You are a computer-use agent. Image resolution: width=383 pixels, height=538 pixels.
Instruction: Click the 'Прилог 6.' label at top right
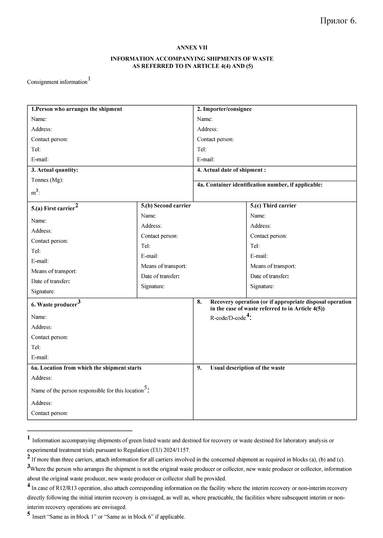pyautogui.click(x=338, y=21)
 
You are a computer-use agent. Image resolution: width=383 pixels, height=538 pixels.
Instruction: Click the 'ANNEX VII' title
pyautogui.click(x=192, y=48)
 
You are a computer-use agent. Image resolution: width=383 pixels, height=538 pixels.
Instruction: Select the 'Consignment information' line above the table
pyautogui.click(x=57, y=82)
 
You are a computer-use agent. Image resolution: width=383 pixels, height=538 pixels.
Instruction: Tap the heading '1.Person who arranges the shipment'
pyautogui.click(x=76, y=109)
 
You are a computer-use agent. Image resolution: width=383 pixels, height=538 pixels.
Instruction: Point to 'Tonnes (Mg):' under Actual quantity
pyautogui.click(x=47, y=180)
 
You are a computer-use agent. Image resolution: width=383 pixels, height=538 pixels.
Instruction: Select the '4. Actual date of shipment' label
pyautogui.click(x=231, y=170)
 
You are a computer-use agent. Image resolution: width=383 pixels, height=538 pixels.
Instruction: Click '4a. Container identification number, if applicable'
pyautogui.click(x=260, y=185)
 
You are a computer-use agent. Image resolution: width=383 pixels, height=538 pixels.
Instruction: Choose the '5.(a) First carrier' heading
pyautogui.click(x=53, y=208)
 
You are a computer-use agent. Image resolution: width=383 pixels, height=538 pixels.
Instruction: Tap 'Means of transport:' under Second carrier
pyautogui.click(x=164, y=266)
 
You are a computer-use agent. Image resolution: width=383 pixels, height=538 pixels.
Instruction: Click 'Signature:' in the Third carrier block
pyautogui.click(x=262, y=286)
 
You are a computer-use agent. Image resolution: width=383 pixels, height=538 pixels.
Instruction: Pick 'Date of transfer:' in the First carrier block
pyautogui.click(x=50, y=281)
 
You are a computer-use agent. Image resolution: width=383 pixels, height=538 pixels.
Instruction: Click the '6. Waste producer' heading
pyautogui.click(x=54, y=305)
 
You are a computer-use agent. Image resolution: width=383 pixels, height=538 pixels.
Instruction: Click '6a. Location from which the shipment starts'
pyautogui.click(x=86, y=368)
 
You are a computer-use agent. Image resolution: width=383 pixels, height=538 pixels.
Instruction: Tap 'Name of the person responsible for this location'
pyautogui.click(x=87, y=390)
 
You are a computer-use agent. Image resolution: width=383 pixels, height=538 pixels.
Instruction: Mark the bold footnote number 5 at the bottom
pyautogui.click(x=29, y=515)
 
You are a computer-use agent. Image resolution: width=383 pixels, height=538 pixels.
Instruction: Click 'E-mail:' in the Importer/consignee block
pyautogui.click(x=206, y=159)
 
